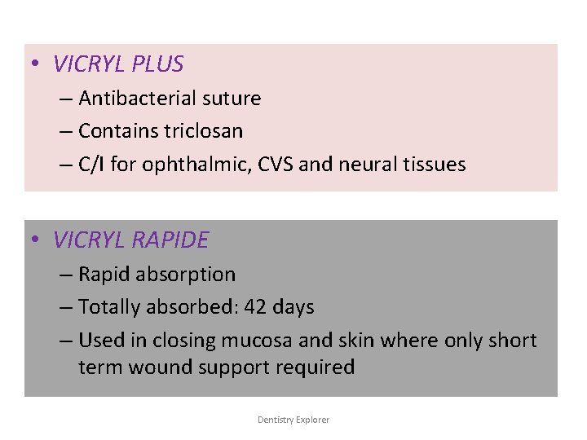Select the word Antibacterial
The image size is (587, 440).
point(139,99)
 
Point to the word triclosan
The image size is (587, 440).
point(202,130)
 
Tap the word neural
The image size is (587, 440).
point(364,164)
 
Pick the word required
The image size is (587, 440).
point(319,367)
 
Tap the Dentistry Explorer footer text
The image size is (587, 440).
point(293,420)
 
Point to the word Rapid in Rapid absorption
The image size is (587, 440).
point(104,275)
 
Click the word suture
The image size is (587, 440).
point(232,99)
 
